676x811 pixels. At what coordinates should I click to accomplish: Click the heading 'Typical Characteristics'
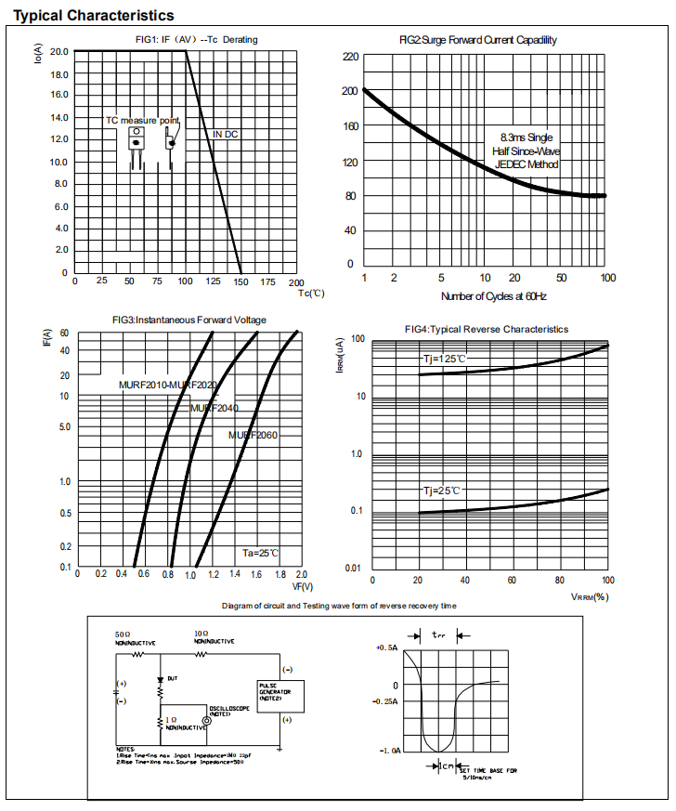93,16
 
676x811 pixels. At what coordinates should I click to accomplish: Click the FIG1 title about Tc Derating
196,39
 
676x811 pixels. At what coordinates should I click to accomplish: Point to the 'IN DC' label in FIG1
225,135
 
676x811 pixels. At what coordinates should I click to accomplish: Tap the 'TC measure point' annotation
142,121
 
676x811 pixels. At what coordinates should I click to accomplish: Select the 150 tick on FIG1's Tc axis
241,281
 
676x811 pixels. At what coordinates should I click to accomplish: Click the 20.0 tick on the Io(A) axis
58,51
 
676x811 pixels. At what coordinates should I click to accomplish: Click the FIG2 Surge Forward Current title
477,40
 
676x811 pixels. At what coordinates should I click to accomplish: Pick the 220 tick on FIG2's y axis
349,57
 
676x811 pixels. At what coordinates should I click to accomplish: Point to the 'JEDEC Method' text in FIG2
526,164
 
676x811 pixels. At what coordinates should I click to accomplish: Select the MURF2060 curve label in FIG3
253,435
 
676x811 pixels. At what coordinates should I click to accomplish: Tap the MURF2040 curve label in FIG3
214,408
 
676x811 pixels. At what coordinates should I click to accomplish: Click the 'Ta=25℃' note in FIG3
261,553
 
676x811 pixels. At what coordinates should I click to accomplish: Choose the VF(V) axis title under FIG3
303,586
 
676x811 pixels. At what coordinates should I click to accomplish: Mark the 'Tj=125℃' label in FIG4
445,359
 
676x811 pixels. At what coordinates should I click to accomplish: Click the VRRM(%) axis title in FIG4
590,596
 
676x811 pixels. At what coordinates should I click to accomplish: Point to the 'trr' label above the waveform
439,635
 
